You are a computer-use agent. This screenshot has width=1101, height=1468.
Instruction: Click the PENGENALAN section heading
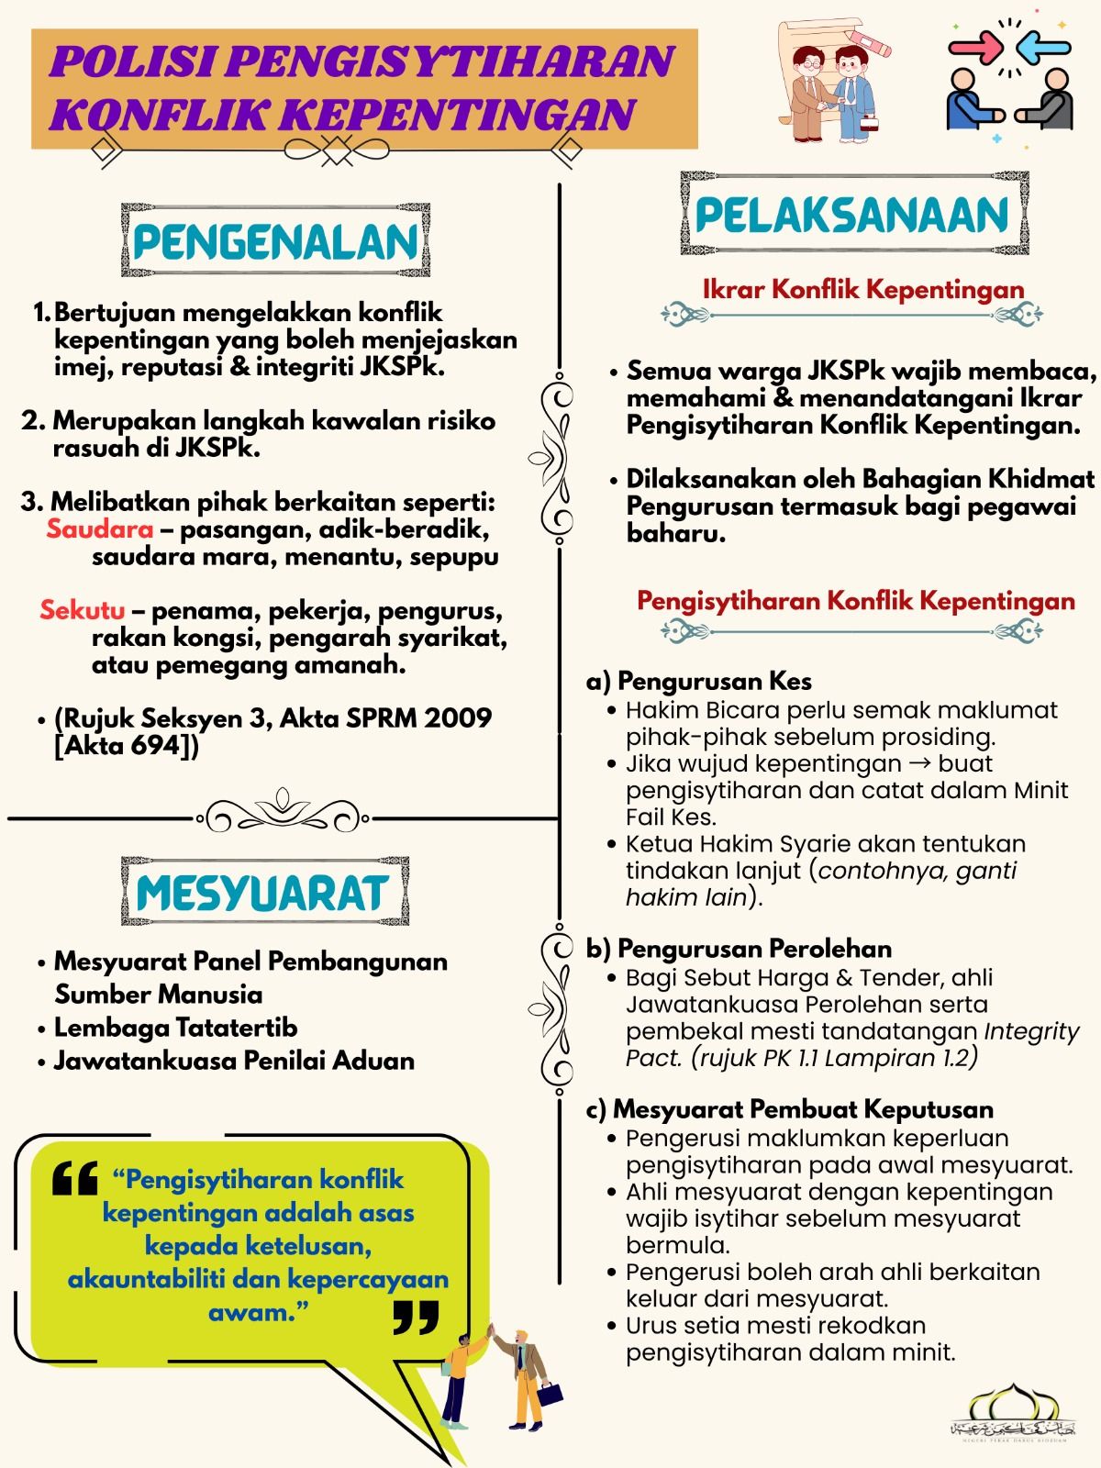[x=275, y=242]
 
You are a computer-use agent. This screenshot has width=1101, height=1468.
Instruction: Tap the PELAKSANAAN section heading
[x=852, y=216]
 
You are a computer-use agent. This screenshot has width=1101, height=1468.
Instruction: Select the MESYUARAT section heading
[x=263, y=892]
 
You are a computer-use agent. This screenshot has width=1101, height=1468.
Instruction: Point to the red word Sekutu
[x=83, y=610]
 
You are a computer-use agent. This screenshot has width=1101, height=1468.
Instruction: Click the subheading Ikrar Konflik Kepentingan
[x=862, y=290]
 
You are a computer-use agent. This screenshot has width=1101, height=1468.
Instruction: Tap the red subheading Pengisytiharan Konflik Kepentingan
[x=856, y=601]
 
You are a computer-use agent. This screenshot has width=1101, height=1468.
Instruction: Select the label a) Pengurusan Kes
[x=699, y=681]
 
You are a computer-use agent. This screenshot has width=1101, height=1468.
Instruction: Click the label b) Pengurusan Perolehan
[x=739, y=949]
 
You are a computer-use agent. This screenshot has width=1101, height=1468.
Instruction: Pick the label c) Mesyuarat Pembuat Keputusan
[x=789, y=1109]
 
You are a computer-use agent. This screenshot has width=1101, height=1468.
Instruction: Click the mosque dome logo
[x=1014, y=1418]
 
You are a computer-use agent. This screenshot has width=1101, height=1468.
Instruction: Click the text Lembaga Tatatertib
[x=175, y=1028]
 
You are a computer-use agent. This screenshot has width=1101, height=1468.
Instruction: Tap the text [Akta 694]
[x=127, y=745]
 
